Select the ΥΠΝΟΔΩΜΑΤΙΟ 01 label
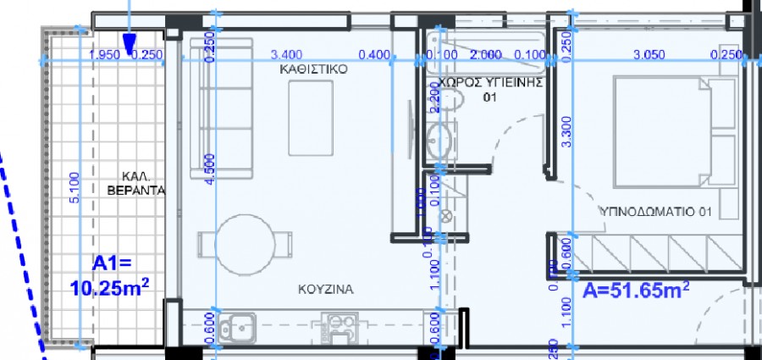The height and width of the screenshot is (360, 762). point(654,210)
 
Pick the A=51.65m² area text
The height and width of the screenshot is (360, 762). point(636,291)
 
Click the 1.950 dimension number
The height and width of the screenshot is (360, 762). point(103,56)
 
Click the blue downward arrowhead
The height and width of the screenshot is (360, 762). point(130,44)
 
